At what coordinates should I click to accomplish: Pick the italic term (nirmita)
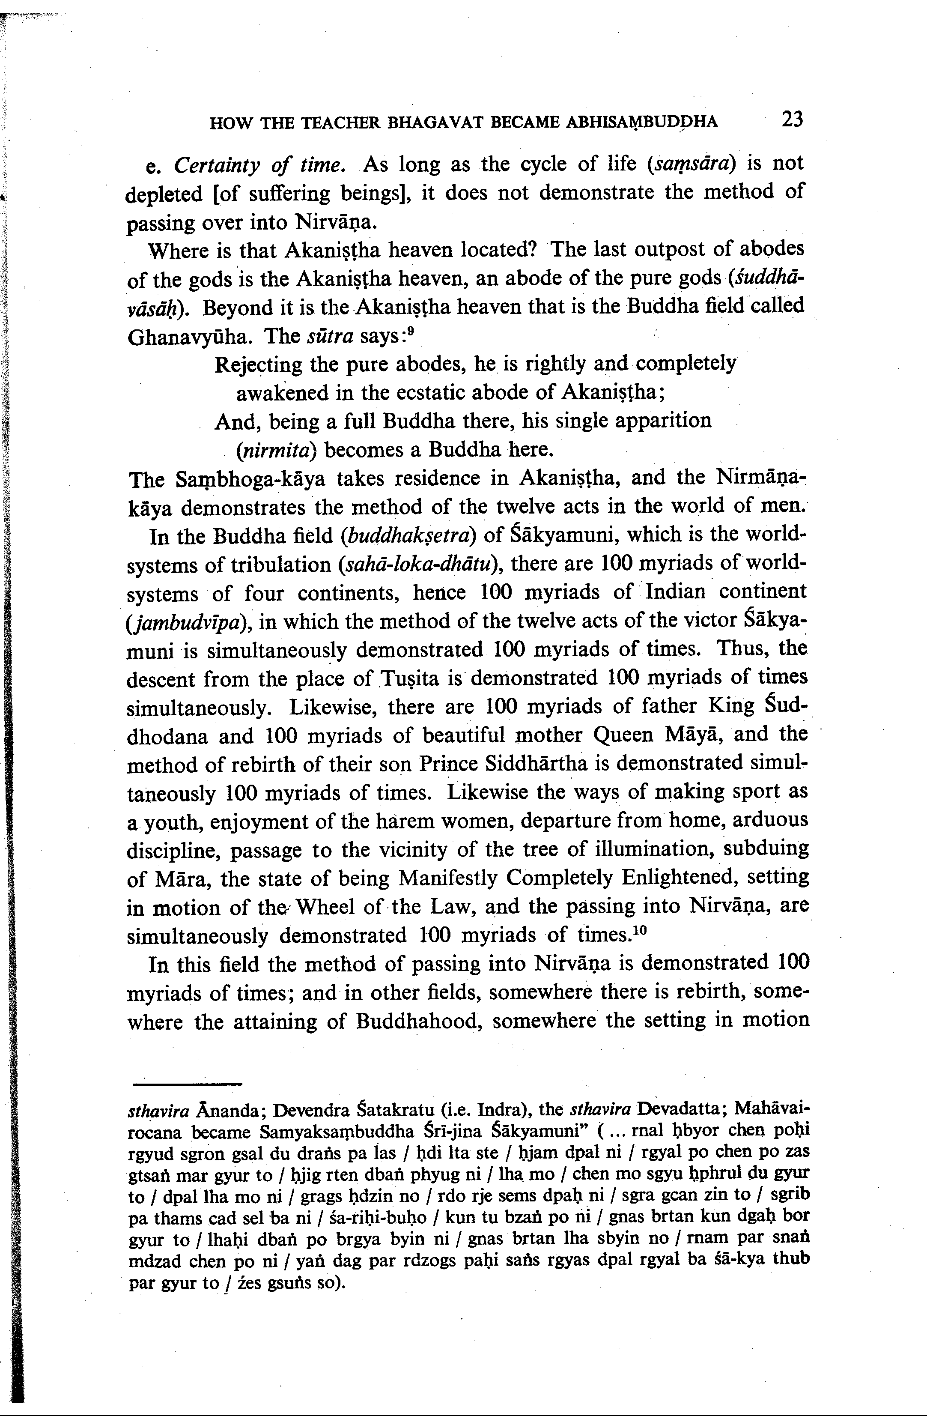(x=276, y=450)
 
